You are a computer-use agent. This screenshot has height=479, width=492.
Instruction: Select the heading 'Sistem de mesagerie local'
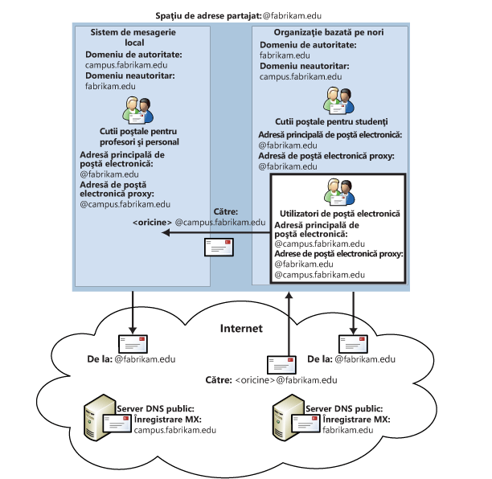point(141,37)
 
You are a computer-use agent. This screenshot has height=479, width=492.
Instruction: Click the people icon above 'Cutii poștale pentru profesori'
point(141,108)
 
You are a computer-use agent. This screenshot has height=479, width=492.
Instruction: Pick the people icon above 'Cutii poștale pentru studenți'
point(334,99)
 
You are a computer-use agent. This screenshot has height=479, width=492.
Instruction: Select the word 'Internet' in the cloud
point(246,328)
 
